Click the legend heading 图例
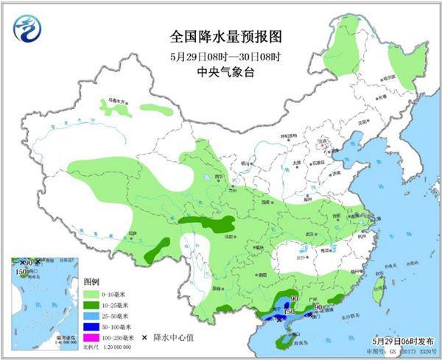(91, 282)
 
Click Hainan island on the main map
(282, 340)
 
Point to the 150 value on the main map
(290, 313)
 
